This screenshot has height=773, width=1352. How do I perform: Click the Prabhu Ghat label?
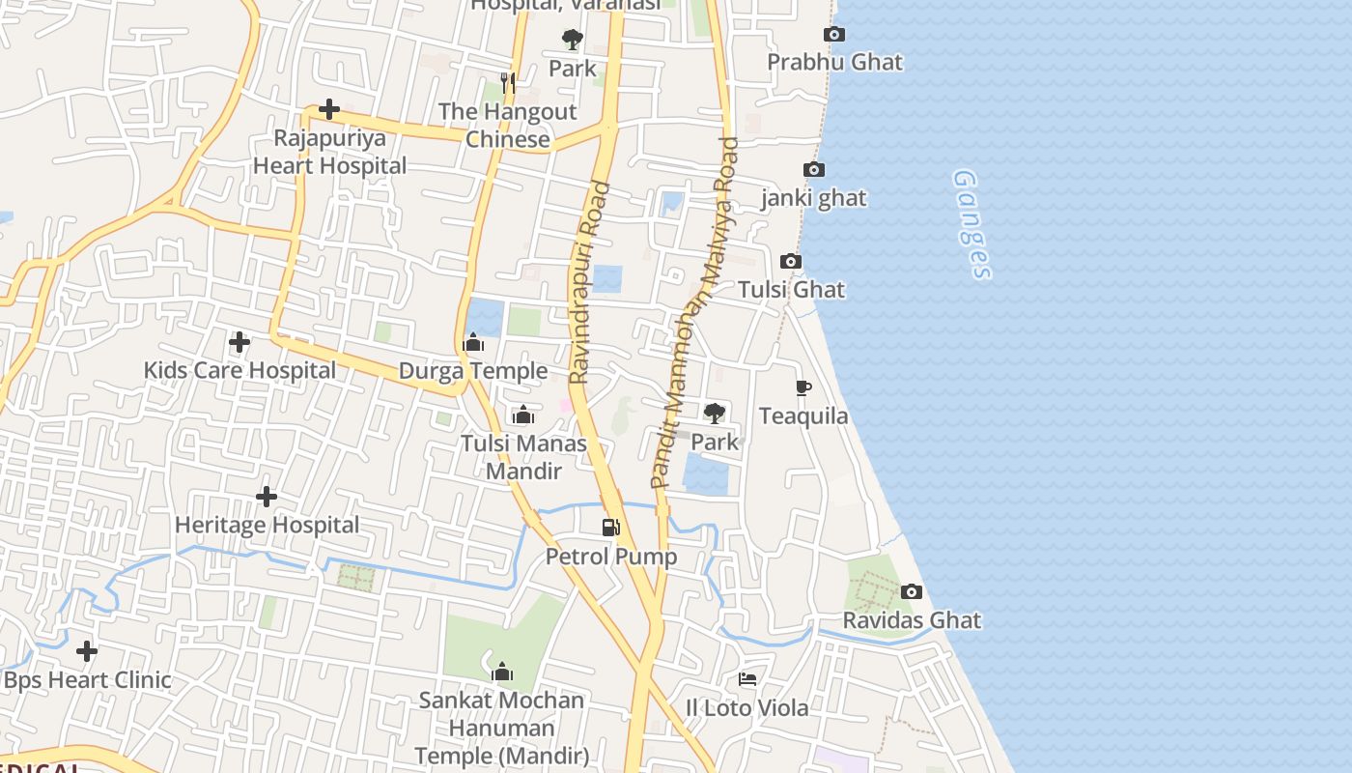point(834,62)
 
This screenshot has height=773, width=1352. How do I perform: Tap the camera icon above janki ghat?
point(814,170)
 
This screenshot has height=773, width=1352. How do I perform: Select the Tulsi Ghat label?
point(791,289)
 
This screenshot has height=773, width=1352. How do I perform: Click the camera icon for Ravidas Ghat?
point(911,591)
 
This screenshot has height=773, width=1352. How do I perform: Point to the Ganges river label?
point(972,224)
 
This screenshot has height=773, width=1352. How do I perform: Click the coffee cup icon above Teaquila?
point(803,388)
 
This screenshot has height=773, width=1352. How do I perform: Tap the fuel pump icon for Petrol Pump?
point(610,528)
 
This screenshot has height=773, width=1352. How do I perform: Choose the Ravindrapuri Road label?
point(590,282)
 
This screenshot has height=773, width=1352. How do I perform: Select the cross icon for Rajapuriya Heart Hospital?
point(329,109)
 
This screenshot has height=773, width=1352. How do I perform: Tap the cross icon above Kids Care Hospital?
point(239,342)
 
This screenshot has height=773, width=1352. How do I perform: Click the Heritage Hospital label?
point(267,525)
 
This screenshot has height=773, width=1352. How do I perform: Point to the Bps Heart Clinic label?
point(87,679)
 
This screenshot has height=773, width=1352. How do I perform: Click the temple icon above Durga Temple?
point(473,343)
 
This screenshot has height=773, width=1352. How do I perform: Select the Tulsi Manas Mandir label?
point(523,457)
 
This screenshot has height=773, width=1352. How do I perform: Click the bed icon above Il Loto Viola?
point(747,679)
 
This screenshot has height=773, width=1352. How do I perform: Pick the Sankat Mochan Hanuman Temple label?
point(501,727)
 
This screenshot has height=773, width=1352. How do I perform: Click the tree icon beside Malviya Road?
point(715,414)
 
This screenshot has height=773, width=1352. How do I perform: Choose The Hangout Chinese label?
point(508,125)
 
